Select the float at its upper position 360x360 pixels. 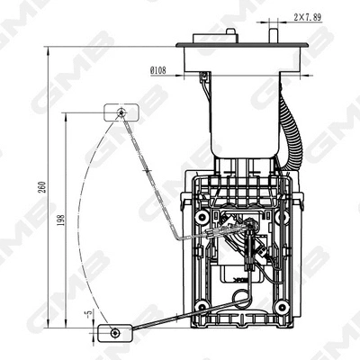pyautogui.click(x=120, y=112)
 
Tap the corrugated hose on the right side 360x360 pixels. pyautogui.click(x=290, y=135)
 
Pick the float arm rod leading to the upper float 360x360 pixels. pyautogui.click(x=153, y=180)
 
